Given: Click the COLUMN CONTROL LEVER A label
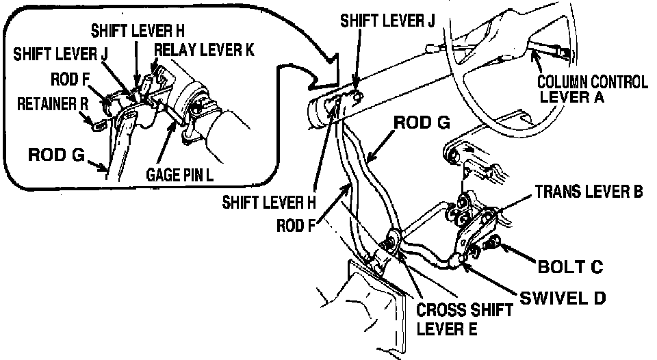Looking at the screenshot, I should (x=593, y=89).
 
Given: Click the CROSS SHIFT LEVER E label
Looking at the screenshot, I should (x=465, y=319).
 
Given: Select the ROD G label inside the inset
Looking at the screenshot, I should (x=55, y=155).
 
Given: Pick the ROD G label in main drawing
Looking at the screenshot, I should (x=422, y=124).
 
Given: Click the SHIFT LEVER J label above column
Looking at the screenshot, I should (x=387, y=21).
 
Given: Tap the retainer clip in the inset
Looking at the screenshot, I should (x=98, y=124).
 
